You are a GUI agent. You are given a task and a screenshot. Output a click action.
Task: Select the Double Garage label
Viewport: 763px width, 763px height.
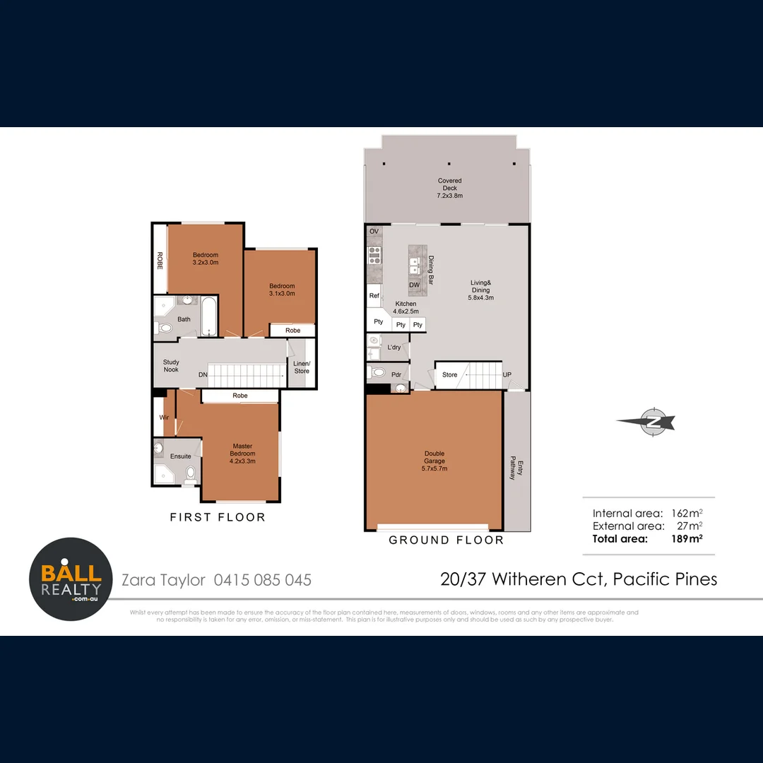[x=434, y=461]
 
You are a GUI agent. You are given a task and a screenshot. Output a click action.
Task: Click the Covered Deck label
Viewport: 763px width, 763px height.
[x=450, y=188]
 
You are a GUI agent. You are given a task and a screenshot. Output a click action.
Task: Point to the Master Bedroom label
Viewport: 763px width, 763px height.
[x=243, y=453]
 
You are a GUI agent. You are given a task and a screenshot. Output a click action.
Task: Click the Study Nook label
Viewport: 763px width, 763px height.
[x=171, y=366]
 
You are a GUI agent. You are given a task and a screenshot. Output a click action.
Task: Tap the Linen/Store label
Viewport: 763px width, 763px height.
[x=302, y=367]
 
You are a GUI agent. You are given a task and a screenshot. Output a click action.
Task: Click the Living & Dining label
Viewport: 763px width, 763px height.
[x=480, y=290]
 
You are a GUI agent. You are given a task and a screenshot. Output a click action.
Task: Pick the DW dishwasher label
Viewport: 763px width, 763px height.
[x=415, y=285]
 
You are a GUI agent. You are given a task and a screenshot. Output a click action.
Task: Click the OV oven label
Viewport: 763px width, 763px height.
[x=374, y=232]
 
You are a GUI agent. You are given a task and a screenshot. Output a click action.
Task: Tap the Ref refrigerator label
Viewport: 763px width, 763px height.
[x=374, y=296]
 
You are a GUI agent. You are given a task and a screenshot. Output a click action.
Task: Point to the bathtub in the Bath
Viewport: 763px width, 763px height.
[x=208, y=317]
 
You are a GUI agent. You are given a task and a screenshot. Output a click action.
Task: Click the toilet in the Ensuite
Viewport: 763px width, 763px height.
[x=189, y=475]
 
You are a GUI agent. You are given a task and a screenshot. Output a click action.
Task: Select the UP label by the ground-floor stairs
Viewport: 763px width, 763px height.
[x=507, y=375]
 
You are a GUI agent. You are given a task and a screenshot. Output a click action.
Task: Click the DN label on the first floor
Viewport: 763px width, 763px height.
[x=203, y=374]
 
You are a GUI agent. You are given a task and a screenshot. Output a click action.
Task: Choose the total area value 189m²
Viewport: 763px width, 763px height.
[x=687, y=538]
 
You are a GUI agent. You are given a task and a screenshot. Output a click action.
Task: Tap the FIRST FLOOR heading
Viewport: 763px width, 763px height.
[x=218, y=517]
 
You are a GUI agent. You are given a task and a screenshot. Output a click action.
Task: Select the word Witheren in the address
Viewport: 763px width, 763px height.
[x=530, y=579]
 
